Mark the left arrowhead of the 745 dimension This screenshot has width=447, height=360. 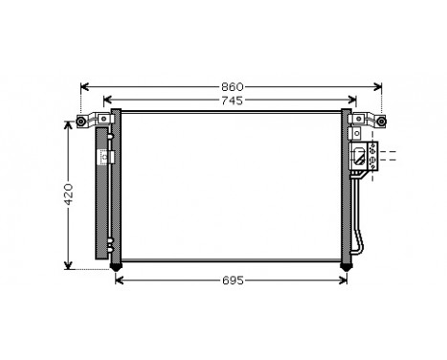click(x=106, y=100)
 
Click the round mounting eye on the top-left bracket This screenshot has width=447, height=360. click(x=79, y=121)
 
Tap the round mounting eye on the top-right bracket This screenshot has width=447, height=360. click(x=383, y=121)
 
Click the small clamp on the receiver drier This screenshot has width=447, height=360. click(x=111, y=157)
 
